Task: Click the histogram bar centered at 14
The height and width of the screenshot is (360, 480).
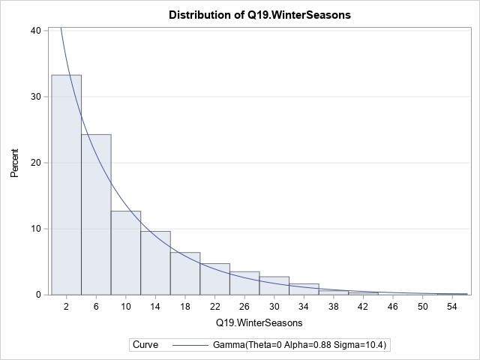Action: tap(155, 262)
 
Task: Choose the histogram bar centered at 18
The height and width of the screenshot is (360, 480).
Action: tap(184, 273)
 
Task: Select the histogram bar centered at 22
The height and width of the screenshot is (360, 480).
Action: tap(214, 279)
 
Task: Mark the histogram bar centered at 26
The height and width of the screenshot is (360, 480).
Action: tap(244, 283)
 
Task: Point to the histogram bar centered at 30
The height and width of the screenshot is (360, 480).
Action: tap(274, 286)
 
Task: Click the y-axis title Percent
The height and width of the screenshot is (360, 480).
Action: tap(14, 162)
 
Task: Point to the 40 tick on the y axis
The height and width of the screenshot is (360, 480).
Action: tap(35, 31)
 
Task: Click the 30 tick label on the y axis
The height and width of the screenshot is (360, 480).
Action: tap(35, 97)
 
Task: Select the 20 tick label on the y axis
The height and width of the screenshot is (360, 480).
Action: tap(35, 163)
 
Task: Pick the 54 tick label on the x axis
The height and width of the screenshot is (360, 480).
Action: tap(452, 307)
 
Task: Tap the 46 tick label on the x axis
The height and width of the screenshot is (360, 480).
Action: tap(393, 307)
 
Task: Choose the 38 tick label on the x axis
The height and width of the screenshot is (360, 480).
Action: tap(334, 307)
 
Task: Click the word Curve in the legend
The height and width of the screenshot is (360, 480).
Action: tap(145, 345)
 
